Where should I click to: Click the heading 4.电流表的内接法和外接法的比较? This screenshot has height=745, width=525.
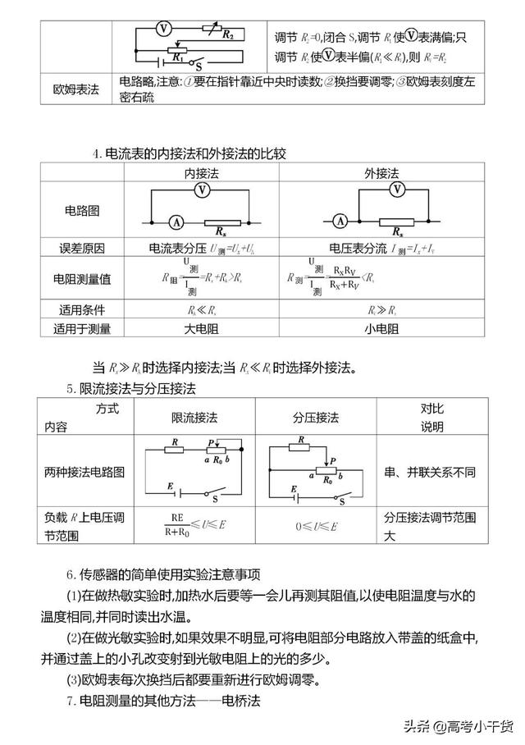pyautogui.click(x=189, y=153)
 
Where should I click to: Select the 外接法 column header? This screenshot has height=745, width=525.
pyautogui.click(x=381, y=174)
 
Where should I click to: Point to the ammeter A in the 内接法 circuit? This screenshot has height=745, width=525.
pyautogui.click(x=175, y=221)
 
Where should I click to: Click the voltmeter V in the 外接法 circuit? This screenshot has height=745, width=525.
pyautogui.click(x=398, y=190)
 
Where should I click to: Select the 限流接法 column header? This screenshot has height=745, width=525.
pyautogui.click(x=194, y=418)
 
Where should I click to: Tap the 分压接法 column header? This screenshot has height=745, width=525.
pyautogui.click(x=316, y=418)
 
